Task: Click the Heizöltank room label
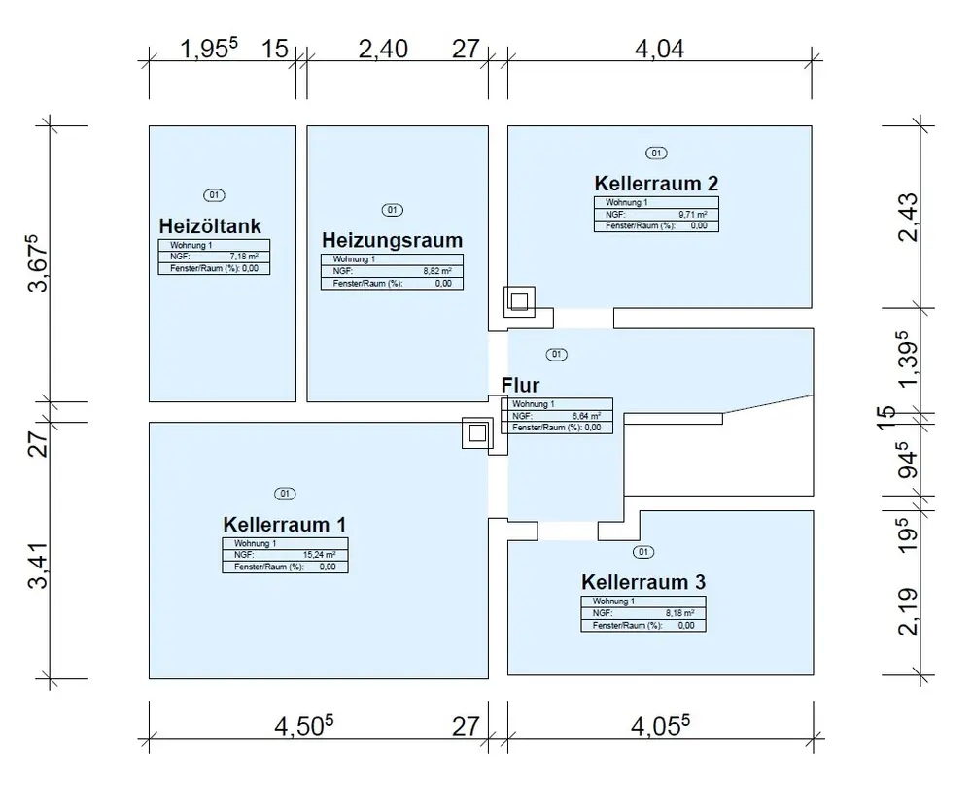[210, 226]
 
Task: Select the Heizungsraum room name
[392, 240]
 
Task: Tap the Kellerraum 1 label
[284, 524]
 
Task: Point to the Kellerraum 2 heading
[656, 184]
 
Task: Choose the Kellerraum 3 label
[643, 582]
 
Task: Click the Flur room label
[520, 385]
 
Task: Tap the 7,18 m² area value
[248, 257]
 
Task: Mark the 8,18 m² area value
[680, 613]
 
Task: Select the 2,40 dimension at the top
[383, 49]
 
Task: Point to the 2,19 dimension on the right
[909, 605]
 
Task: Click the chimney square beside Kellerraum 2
[518, 302]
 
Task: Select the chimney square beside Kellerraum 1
[477, 433]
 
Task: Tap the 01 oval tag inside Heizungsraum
[393, 210]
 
